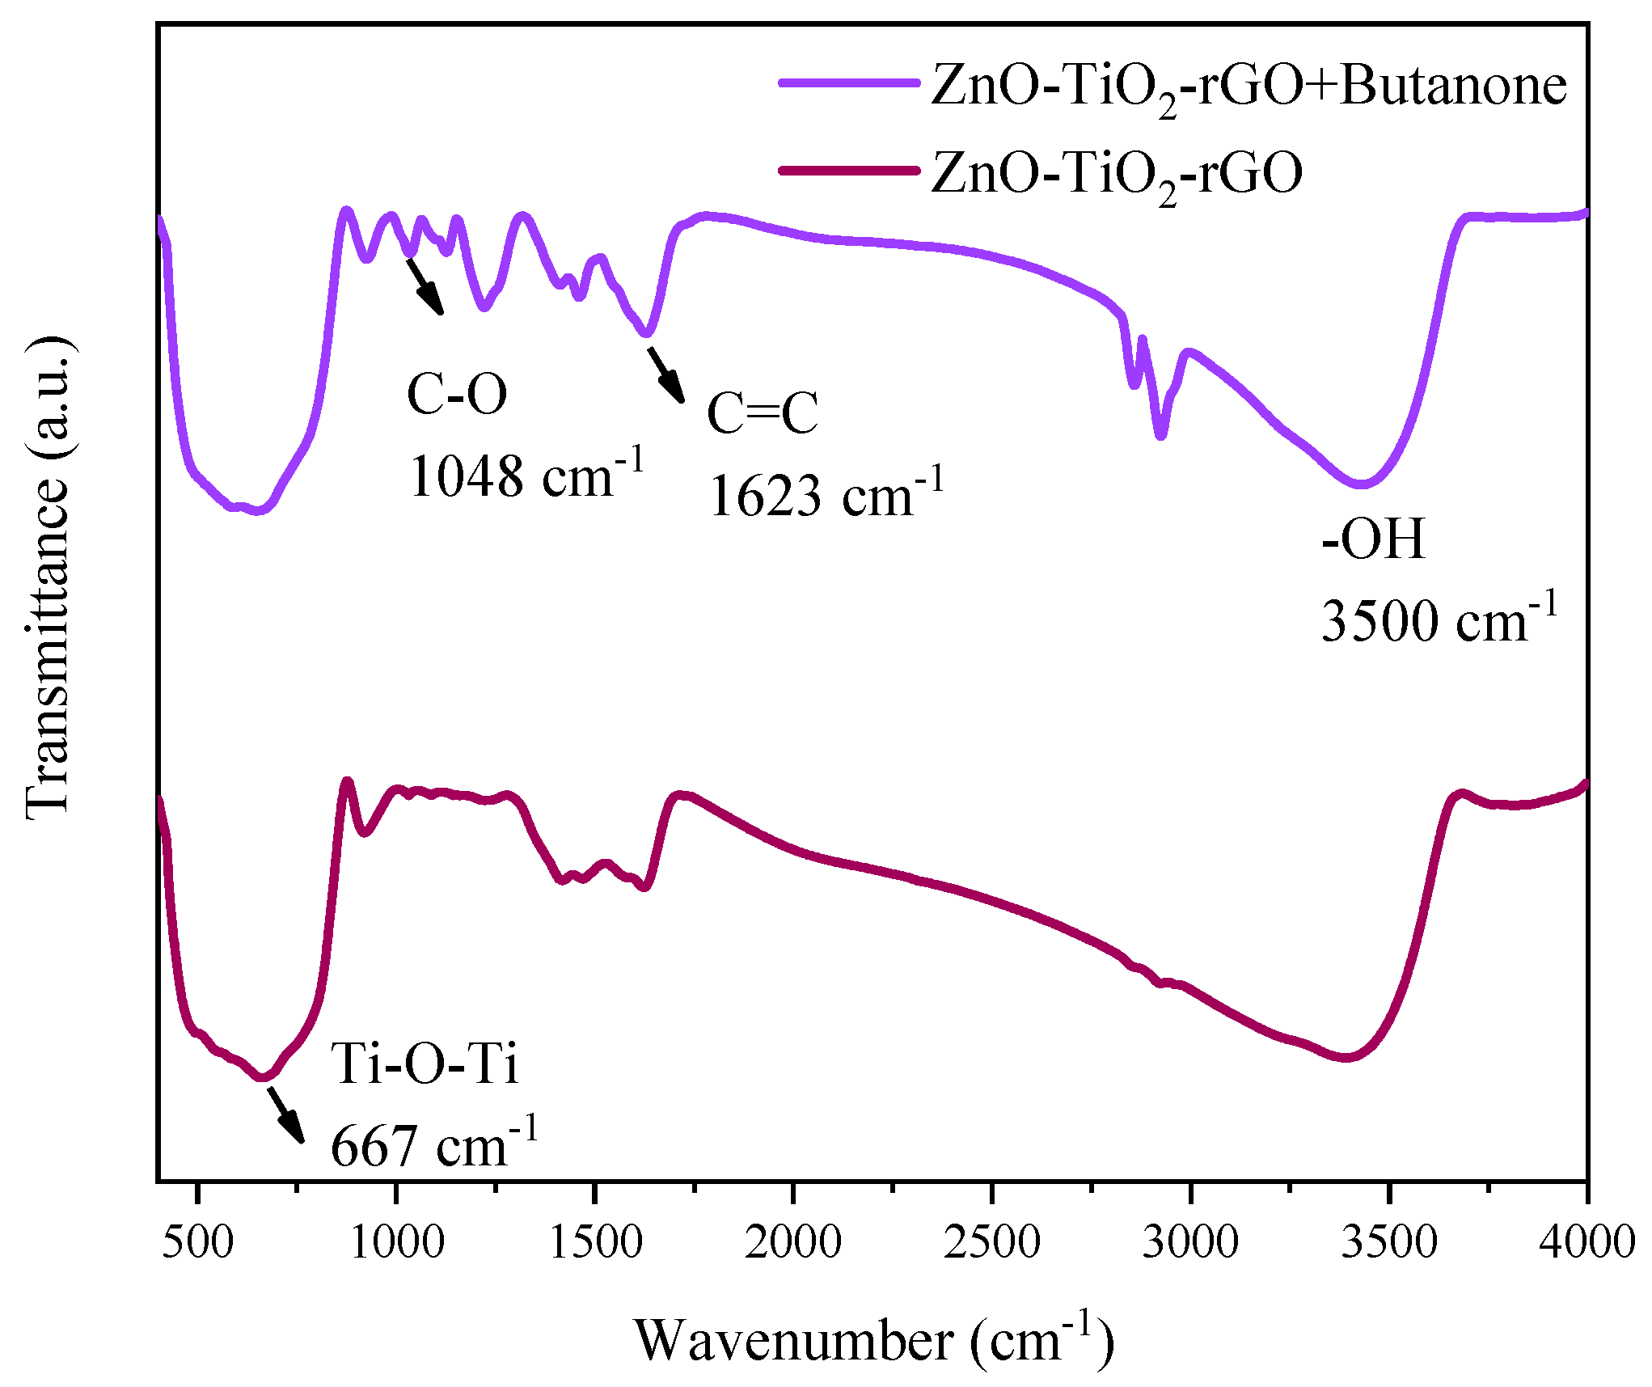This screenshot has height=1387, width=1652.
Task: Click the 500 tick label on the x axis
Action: pos(197,1241)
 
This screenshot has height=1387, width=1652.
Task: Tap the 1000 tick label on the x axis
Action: pos(396,1241)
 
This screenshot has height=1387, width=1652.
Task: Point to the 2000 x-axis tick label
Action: pos(793,1241)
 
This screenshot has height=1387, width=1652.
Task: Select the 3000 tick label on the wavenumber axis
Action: pos(1190,1241)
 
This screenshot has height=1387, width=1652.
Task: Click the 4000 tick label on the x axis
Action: pos(1587,1241)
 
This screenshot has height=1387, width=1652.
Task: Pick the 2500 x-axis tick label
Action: pos(992,1241)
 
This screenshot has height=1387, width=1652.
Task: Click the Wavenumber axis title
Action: pos(874,1342)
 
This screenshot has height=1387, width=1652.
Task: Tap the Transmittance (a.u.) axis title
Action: pos(49,579)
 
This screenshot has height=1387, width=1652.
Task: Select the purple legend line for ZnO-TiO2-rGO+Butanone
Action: pos(849,83)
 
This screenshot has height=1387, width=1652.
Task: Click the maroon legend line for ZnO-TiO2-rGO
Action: pos(849,171)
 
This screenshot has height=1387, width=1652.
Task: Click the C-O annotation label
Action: pos(457,394)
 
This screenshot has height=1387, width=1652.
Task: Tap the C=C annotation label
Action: pos(763,413)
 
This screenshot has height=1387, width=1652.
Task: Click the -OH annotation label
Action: pos(1373,539)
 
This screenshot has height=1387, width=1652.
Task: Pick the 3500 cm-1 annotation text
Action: pos(1439,619)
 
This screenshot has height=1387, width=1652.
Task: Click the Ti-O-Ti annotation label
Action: pos(425,1063)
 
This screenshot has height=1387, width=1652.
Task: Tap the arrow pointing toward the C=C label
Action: pos(665,374)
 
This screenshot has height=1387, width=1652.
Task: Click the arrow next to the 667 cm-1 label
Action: pos(286,1114)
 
